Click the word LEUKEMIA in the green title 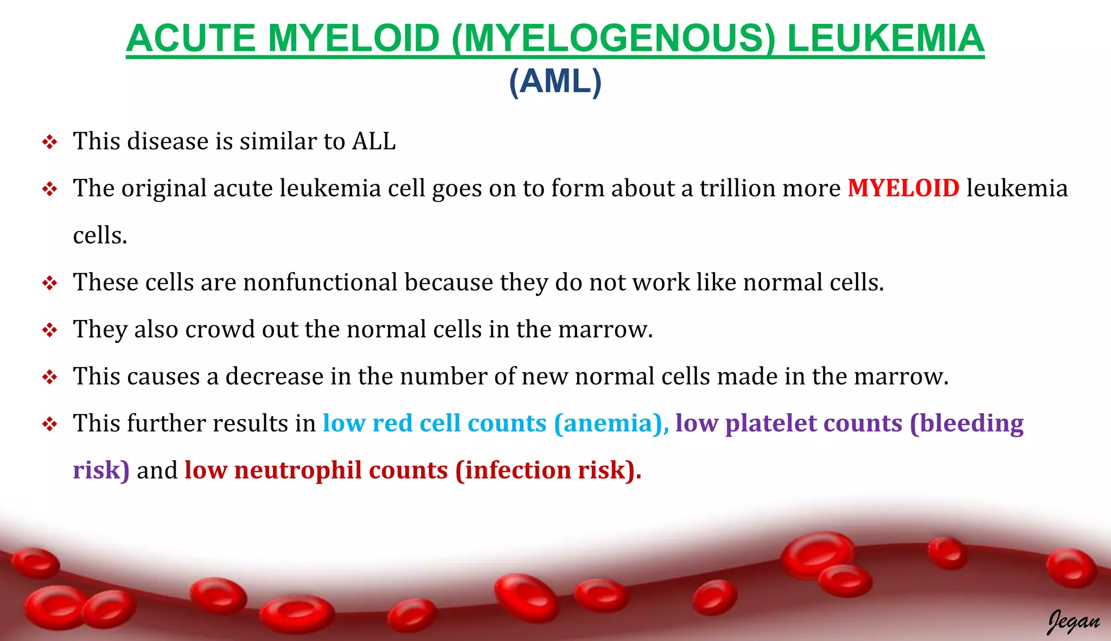click(885, 39)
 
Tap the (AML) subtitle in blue click(555, 81)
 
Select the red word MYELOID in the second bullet click(903, 188)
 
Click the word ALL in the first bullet click(374, 142)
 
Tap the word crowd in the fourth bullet click(220, 329)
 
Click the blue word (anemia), click(611, 424)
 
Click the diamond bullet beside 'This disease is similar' click(50, 143)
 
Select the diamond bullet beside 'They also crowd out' click(50, 330)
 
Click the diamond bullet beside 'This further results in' click(50, 424)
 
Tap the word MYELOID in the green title click(353, 39)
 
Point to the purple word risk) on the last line click(101, 470)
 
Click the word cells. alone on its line click(100, 236)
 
